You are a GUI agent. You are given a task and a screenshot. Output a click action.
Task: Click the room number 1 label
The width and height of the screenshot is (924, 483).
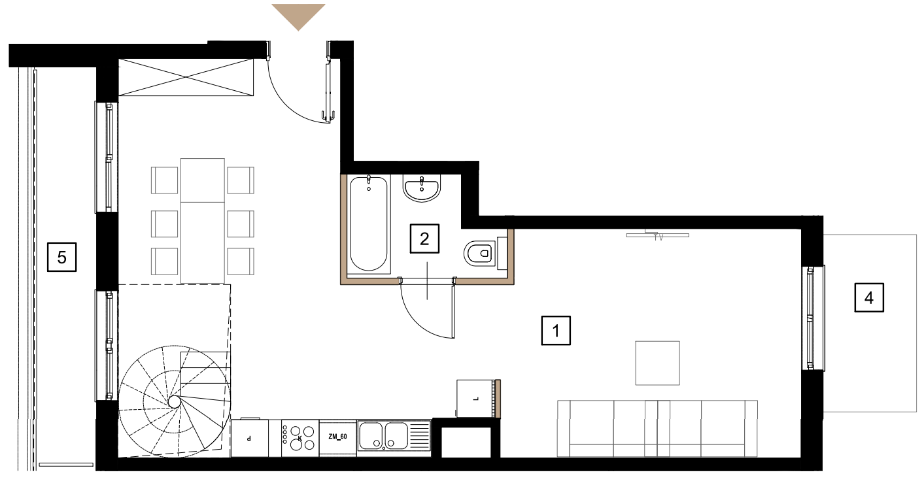pos(556,330)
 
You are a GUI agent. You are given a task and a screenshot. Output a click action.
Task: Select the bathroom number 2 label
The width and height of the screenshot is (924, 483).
pos(424,239)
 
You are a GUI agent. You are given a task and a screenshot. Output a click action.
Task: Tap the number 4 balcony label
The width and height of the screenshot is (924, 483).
pos(868,297)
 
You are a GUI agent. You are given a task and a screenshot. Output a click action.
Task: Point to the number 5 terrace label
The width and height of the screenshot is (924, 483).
pos(62,257)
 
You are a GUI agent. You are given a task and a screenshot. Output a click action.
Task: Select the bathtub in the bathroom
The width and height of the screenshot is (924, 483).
pos(368,224)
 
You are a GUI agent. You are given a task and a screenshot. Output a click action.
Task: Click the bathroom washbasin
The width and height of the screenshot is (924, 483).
pos(422,188)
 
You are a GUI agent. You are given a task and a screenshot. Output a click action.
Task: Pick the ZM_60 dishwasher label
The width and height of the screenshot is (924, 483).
pos(337,437)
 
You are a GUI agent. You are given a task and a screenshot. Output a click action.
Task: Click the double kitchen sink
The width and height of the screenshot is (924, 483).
pos(394,436)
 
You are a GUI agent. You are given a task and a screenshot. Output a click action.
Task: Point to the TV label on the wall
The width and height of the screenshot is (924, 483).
pos(659,238)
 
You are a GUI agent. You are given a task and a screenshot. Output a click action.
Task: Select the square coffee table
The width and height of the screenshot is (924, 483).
pos(657,363)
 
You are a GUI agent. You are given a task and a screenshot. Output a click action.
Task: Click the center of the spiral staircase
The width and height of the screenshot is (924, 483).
pos(175,402)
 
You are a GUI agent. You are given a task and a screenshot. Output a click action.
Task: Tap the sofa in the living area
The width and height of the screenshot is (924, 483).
pos(657,428)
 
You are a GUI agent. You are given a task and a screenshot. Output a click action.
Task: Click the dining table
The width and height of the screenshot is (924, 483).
pos(203,221)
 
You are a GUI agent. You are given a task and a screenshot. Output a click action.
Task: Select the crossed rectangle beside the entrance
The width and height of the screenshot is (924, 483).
pos(186,77)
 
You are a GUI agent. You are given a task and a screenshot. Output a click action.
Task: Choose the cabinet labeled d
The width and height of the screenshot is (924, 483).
pos(249,439)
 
